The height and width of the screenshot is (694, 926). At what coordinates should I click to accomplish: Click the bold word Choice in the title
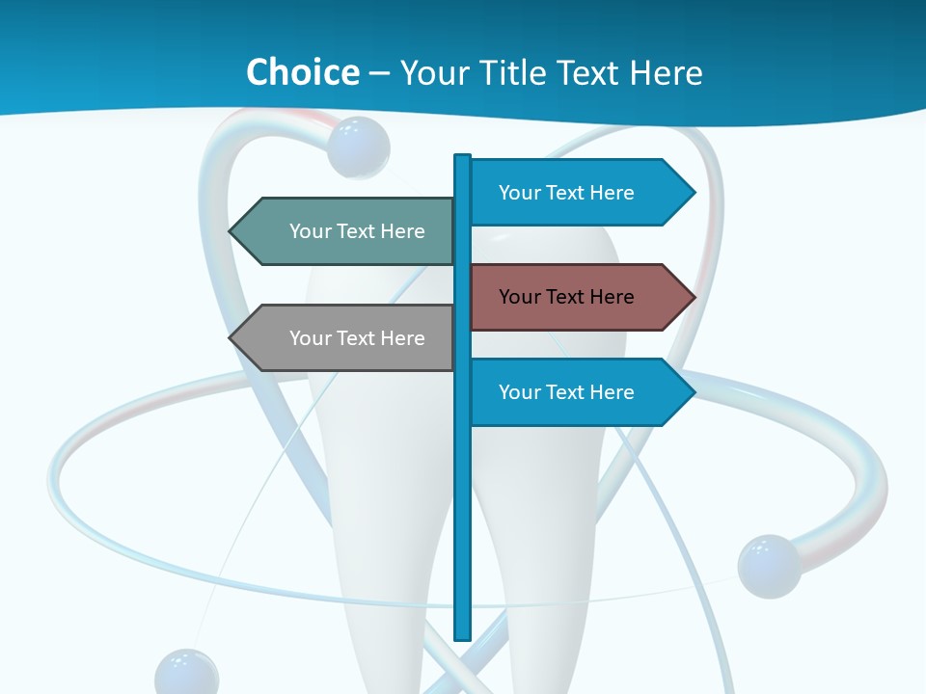click(302, 72)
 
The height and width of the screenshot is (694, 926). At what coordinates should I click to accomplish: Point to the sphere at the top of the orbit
click(358, 147)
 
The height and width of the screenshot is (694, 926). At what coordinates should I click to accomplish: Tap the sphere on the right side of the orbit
click(769, 566)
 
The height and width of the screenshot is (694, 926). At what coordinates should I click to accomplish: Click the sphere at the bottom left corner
click(186, 674)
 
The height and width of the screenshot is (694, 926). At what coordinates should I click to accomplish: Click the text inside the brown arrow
click(566, 297)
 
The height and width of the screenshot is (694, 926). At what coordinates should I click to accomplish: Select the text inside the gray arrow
click(357, 338)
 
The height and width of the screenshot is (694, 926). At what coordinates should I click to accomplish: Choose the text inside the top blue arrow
click(566, 193)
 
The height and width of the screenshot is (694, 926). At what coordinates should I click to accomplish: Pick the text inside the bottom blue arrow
click(566, 392)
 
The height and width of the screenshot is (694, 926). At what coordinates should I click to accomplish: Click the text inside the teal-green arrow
click(357, 231)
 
